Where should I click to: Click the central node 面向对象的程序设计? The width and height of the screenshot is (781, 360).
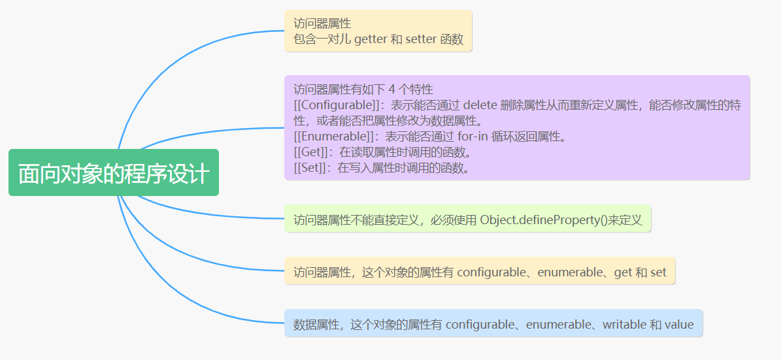[113, 172]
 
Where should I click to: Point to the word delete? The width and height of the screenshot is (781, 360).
[480, 105]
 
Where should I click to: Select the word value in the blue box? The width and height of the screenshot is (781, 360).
[679, 324]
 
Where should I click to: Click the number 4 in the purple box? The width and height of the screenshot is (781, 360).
[391, 90]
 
